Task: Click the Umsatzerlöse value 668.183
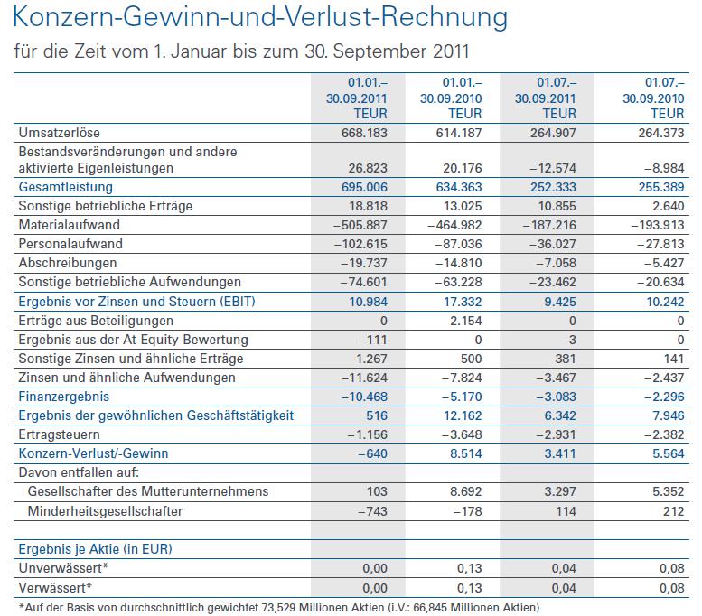point(362,134)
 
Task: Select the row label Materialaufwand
point(69,225)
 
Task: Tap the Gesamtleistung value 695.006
point(362,187)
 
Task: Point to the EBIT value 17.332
point(462,301)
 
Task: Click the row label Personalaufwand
point(70,244)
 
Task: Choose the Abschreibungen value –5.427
point(660,263)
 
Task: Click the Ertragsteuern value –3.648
point(459,434)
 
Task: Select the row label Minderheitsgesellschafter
point(105,510)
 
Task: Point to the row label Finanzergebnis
point(63,396)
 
